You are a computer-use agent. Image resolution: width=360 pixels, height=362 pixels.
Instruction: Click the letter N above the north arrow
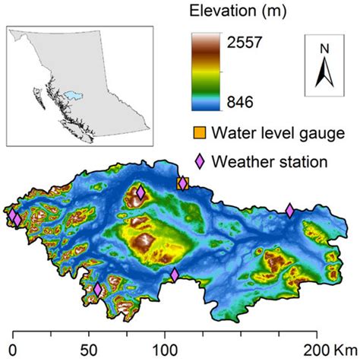click(x=324, y=49)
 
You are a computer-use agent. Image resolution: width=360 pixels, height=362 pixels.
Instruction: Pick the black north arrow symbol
click(x=324, y=73)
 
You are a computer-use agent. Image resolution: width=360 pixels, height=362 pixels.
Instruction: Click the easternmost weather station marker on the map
click(x=289, y=211)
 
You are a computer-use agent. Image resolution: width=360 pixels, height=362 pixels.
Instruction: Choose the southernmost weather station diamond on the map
click(x=97, y=289)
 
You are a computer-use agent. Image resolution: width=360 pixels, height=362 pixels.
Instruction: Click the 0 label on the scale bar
click(x=14, y=352)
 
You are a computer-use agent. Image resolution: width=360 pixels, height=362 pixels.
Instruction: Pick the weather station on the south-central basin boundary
click(x=175, y=275)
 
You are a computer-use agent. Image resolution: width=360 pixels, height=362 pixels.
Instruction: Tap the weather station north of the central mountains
click(x=141, y=193)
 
